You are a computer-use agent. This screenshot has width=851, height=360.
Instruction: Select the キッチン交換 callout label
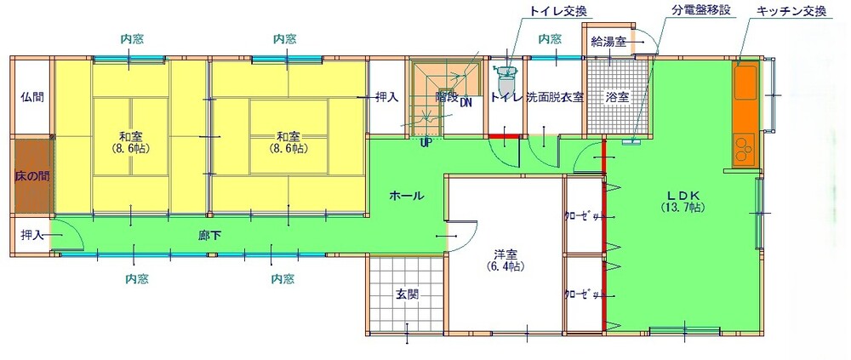tap(791, 11)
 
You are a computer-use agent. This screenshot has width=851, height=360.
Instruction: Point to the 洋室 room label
tap(505, 254)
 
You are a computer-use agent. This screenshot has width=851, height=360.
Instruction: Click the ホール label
tap(406, 196)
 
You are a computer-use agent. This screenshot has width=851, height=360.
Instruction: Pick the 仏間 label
tap(31, 96)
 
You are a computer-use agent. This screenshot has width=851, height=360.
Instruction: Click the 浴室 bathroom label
tap(616, 96)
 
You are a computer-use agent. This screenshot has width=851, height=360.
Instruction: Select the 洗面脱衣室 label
tap(555, 96)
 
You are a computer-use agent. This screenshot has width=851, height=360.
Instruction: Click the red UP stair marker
tap(425, 142)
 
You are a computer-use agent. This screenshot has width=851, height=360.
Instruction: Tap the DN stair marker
tap(465, 103)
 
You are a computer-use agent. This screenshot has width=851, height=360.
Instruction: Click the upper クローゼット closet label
tap(585, 215)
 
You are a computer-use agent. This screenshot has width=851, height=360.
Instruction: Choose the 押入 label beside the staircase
tap(387, 97)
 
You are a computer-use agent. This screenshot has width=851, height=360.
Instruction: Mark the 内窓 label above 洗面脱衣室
tap(550, 39)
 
